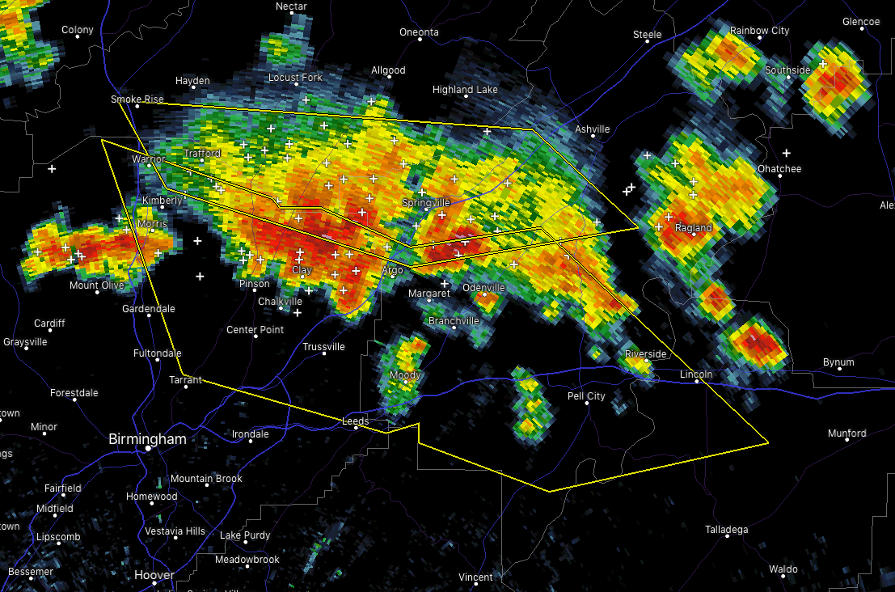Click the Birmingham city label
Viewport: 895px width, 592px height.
148,439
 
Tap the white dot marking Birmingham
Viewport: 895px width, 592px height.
149,448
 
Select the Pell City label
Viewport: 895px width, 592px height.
586,396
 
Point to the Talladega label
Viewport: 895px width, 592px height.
726,530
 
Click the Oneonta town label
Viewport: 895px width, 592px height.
419,32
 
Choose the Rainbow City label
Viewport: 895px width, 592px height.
759,31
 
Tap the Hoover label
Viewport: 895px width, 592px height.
154,575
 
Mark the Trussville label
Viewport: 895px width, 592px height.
323,347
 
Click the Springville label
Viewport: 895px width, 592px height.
425,202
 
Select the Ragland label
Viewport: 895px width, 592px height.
694,228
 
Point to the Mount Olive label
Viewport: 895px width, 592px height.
96,285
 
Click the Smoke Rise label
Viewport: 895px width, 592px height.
137,99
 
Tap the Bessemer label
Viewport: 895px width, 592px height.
31,572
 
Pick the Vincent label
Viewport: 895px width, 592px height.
475,577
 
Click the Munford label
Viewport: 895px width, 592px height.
846,433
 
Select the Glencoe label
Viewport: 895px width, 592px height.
860,22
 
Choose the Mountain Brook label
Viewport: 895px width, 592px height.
206,479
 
